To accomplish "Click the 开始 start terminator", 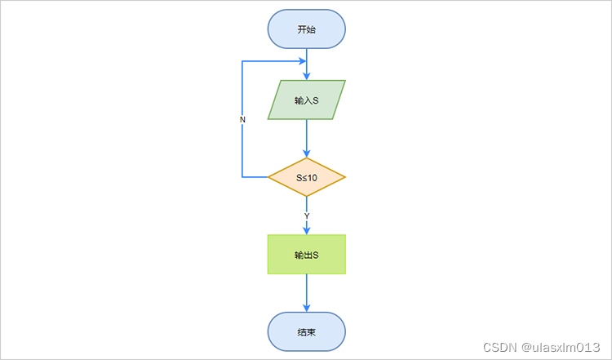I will [307, 29].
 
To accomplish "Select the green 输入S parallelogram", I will [307, 100].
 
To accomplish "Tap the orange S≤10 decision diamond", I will [307, 176].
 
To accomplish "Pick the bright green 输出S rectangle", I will [307, 255].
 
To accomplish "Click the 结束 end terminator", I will [307, 332].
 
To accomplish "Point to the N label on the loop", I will [242, 119].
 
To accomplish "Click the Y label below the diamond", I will [307, 216].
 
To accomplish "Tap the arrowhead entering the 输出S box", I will [307, 230].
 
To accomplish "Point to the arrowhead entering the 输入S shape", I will [307, 75].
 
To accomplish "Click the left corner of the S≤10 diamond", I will [269, 176].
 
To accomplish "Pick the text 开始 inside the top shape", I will [307, 29].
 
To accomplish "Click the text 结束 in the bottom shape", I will [307, 332].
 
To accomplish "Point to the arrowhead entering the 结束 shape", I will [307, 308].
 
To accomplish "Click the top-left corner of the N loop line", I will [242, 60].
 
